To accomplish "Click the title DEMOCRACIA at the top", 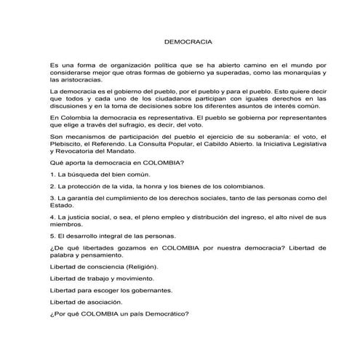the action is tap(180, 44).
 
